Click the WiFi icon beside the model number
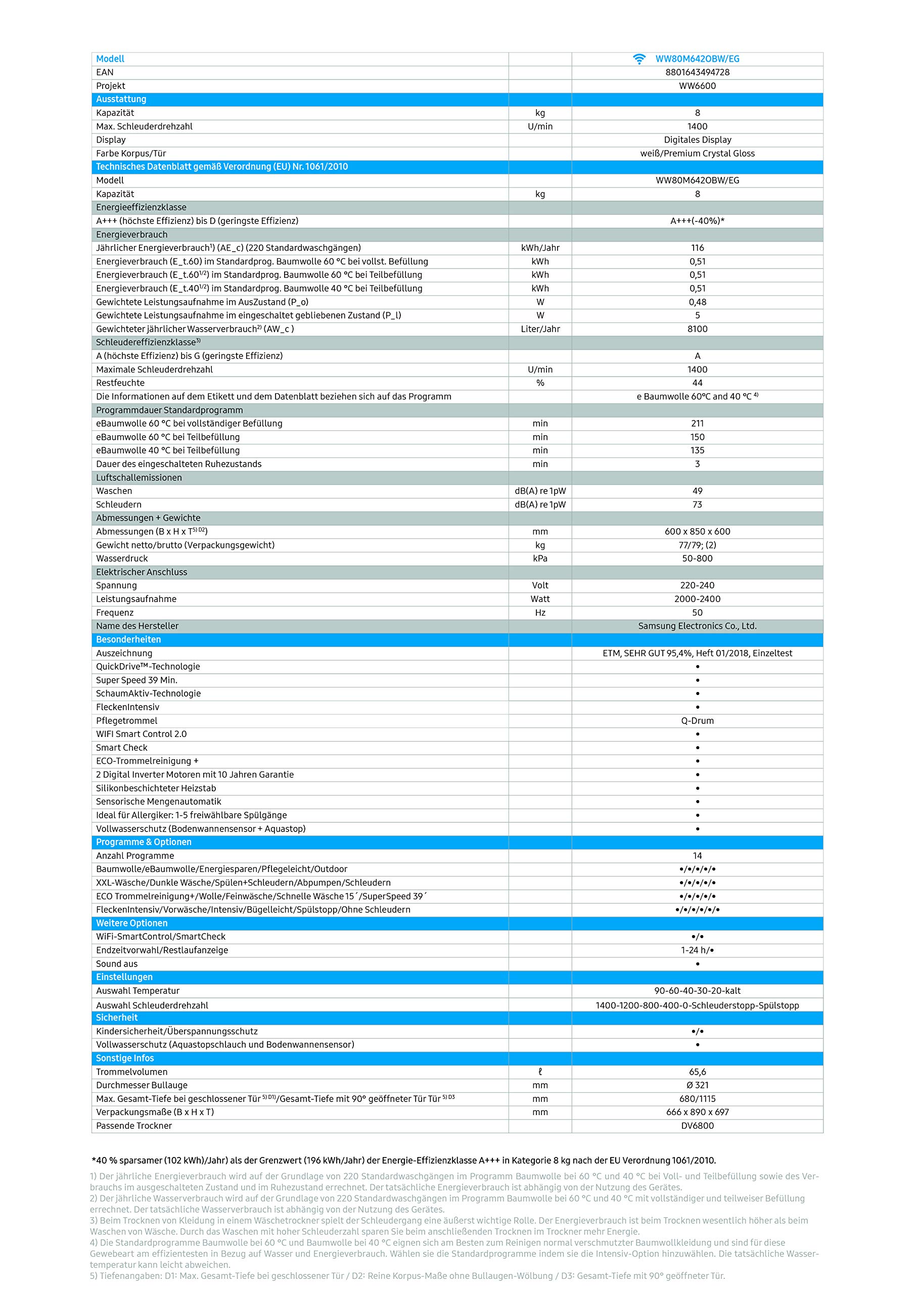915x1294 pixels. coord(639,59)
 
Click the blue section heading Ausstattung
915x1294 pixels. coord(121,99)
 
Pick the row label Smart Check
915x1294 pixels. coord(121,748)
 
